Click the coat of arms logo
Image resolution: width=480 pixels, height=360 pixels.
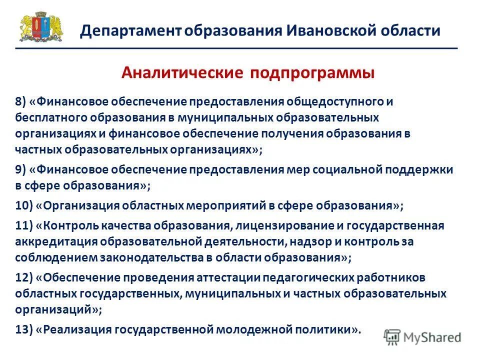point(41,28)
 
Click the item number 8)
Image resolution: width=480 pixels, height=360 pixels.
point(20,102)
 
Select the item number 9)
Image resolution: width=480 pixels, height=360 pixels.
point(20,169)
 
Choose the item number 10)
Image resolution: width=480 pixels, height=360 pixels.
point(23,205)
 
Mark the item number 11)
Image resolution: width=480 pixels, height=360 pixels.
point(23,225)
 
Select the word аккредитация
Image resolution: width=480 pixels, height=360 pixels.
point(54,241)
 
